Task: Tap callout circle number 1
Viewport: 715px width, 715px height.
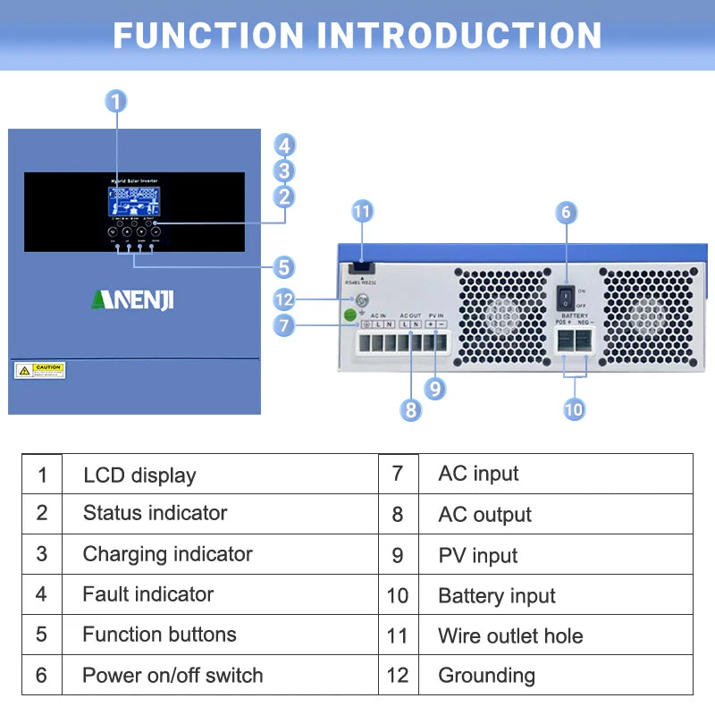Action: coord(116,101)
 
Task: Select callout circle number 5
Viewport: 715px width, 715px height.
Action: coord(284,266)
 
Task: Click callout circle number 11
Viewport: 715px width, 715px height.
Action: coord(362,212)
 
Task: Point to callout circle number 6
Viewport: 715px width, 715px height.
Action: coord(565,213)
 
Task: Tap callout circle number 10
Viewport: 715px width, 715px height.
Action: coord(574,409)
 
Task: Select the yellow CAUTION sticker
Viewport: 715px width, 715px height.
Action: coord(40,370)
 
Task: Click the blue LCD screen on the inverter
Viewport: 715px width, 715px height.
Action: coord(133,199)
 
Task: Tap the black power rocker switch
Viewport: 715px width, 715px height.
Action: coord(565,299)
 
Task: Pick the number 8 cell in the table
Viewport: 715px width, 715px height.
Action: coord(398,514)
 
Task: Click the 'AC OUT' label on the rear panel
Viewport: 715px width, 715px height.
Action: coord(410,315)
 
